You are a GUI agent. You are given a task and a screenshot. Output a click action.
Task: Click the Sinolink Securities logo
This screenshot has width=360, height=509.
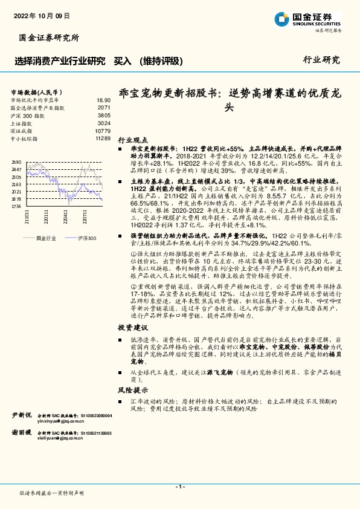click(307, 19)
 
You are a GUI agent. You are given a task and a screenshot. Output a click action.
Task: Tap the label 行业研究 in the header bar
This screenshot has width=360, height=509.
click(321, 60)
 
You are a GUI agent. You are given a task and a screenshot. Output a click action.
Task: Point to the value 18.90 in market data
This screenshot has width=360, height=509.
click(104, 100)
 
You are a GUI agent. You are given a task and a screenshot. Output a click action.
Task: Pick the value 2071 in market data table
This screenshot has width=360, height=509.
click(104, 108)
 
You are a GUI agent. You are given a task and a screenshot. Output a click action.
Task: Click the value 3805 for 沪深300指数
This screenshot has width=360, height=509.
click(104, 115)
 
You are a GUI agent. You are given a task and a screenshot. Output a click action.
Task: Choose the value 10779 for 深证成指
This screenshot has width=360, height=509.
click(103, 131)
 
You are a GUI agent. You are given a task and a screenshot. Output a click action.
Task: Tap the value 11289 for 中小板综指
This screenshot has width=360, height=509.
click(103, 138)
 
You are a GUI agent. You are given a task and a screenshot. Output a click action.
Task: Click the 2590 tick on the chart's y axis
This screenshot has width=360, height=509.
click(16, 163)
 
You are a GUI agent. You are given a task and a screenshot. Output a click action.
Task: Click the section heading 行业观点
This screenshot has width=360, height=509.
click(132, 138)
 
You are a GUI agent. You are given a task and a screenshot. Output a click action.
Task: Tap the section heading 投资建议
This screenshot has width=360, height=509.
click(132, 327)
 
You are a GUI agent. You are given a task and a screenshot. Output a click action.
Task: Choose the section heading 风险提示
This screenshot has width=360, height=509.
click(132, 391)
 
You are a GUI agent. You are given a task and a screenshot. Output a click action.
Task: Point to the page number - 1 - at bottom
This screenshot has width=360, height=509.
click(179, 487)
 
